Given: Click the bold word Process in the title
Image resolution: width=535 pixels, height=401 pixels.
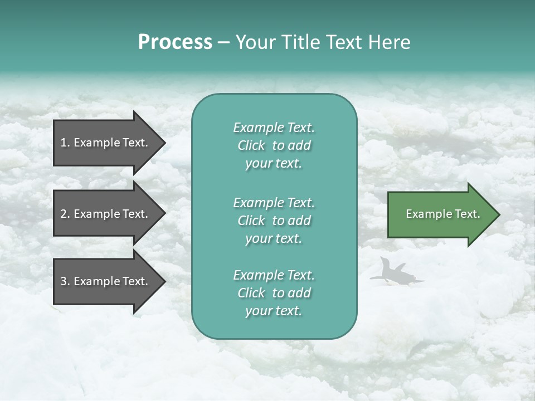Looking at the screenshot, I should pyautogui.click(x=175, y=42).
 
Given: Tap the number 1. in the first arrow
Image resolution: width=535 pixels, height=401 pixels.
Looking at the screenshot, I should pyautogui.click(x=65, y=143).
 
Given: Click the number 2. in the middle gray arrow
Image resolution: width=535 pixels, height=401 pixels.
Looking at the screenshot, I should pyautogui.click(x=65, y=214).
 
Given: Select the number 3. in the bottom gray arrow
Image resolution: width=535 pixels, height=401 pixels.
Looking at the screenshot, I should pyautogui.click(x=65, y=281).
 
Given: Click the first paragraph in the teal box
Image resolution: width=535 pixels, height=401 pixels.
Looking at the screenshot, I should pyautogui.click(x=274, y=145).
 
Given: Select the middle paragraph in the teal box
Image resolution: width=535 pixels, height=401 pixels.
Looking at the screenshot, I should pyautogui.click(x=274, y=221).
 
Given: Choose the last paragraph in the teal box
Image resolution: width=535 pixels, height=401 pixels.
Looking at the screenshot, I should pyautogui.click(x=274, y=293).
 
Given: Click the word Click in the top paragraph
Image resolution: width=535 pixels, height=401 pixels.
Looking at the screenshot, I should pyautogui.click(x=251, y=145).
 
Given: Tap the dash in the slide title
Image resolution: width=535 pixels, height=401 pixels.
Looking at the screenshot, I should pyautogui.click(x=223, y=42).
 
